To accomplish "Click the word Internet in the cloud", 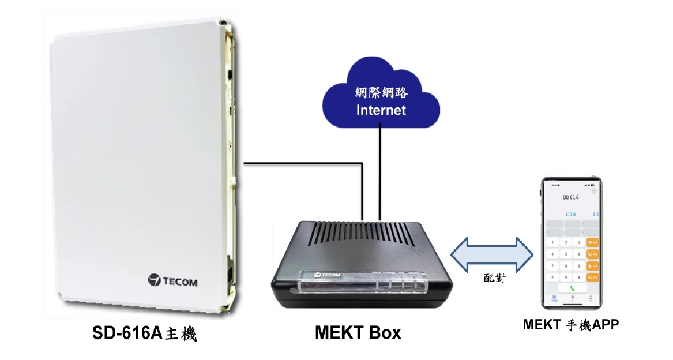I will coord(381,110).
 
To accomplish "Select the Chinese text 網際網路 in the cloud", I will coord(381,92).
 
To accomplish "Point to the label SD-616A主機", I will coord(145,333).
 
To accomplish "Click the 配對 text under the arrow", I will coord(494,278).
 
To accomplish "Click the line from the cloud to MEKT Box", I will coord(380,173).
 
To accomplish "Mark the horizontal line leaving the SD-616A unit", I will coord(300,164).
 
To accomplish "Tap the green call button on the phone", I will coord(573,287).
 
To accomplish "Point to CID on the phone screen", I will coord(570,213).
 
